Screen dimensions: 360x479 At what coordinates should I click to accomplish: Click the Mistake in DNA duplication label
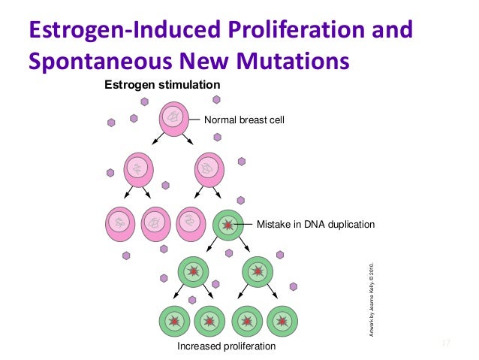coord(315,224)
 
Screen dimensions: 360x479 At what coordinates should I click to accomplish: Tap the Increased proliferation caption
coord(226,346)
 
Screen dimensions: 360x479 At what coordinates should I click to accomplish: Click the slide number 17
coord(445,343)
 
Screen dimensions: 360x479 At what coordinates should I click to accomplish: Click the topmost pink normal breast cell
coord(174,119)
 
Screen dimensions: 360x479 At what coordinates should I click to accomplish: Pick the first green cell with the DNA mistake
coord(228,224)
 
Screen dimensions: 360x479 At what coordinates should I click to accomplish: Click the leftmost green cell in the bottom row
coord(175,322)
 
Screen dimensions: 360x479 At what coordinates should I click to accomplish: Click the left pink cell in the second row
coord(137,170)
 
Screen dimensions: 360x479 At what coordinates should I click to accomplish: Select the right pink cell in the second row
coord(210,170)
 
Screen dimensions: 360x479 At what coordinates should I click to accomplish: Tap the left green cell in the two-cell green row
coord(193,271)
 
